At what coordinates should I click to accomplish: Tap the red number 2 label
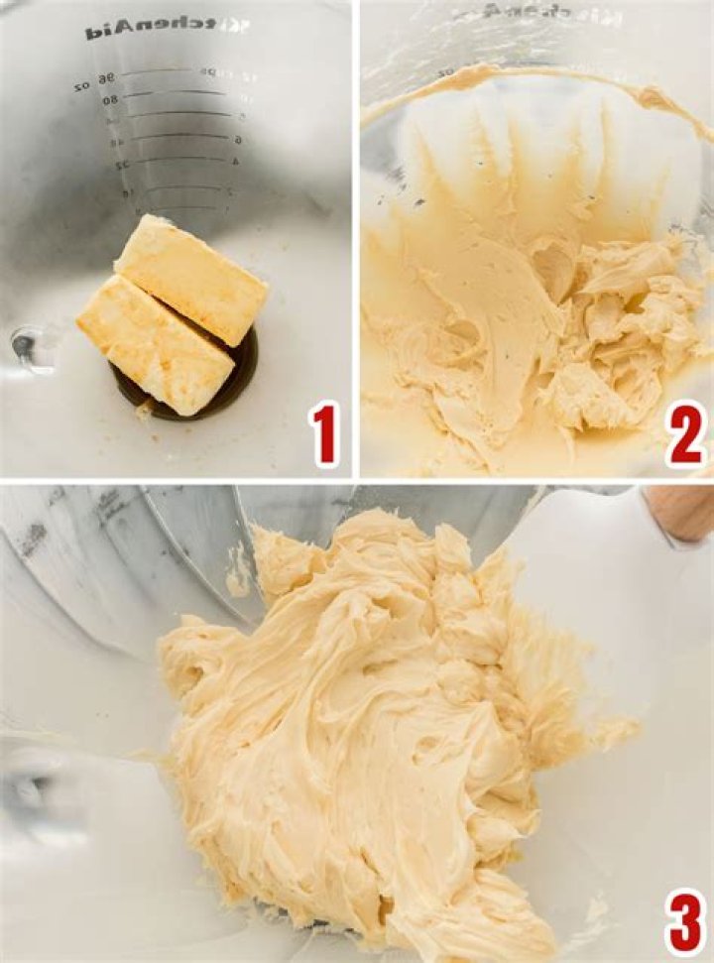click(686, 434)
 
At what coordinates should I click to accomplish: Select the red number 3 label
click(685, 920)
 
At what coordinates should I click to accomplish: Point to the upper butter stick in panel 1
click(191, 279)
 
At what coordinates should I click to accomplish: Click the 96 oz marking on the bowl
click(95, 81)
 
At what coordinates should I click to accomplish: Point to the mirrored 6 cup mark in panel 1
click(238, 140)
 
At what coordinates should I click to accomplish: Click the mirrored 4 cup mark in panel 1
click(236, 162)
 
